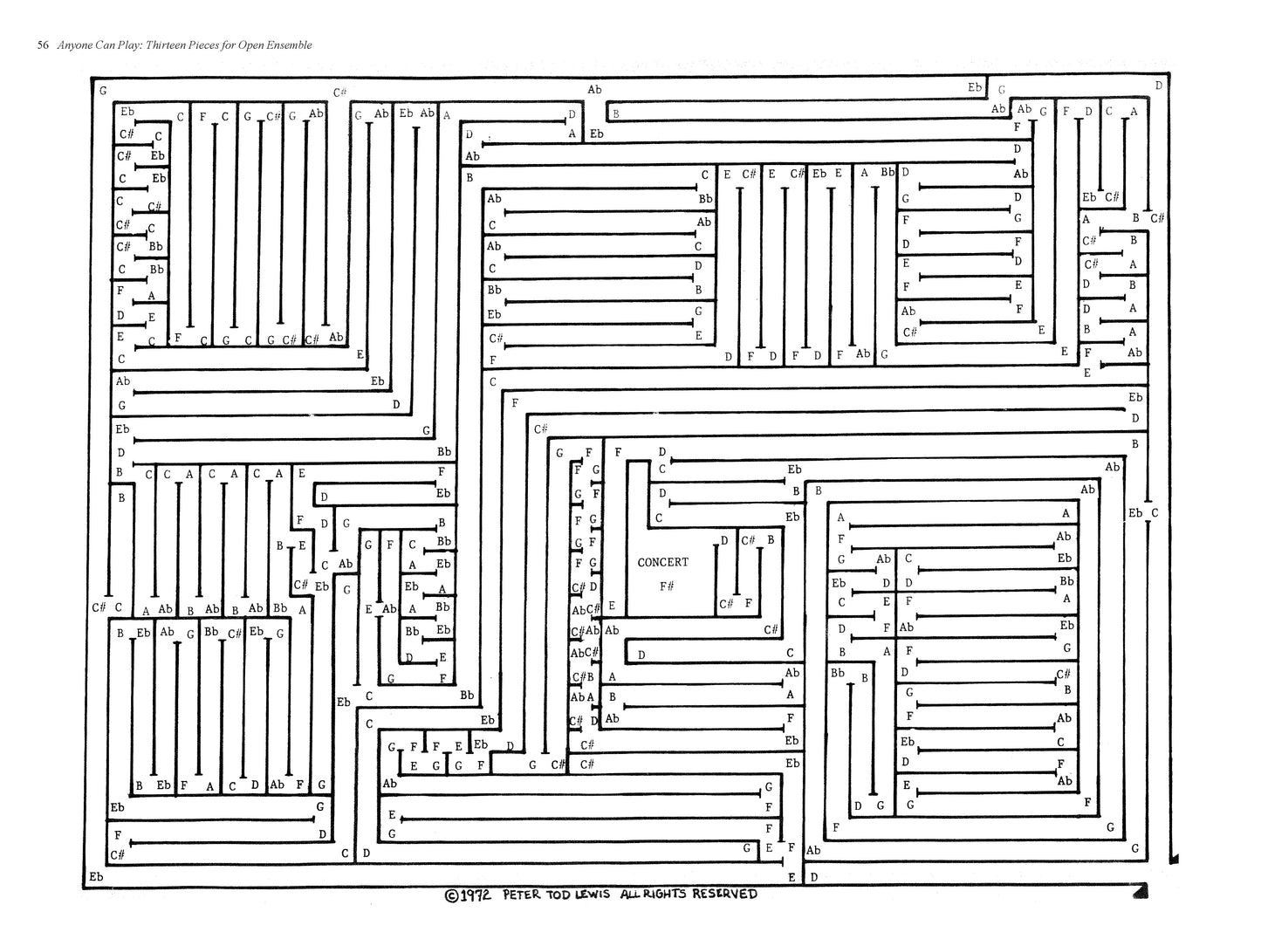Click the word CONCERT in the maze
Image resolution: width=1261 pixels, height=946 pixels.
pyautogui.click(x=662, y=562)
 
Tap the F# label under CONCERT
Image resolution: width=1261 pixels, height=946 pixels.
pyautogui.click(x=666, y=586)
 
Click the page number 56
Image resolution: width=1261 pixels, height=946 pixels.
pyautogui.click(x=43, y=45)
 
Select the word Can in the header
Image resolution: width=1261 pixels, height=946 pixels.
pyautogui.click(x=109, y=45)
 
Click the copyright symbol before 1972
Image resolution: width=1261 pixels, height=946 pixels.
pyautogui.click(x=451, y=895)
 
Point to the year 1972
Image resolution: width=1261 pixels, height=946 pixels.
pyautogui.click(x=476, y=895)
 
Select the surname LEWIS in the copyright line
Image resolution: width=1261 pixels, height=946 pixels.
pyautogui.click(x=603, y=894)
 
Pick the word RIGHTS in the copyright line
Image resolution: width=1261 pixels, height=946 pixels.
pyautogui.click(x=668, y=894)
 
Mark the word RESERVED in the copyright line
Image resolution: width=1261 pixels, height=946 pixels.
pyautogui.click(x=725, y=894)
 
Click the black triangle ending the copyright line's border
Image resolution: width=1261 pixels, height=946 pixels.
pyautogui.click(x=1140, y=890)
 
